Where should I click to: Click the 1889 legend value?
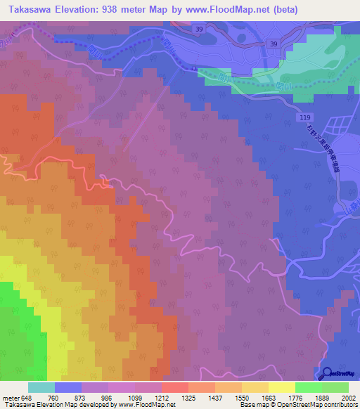click(321, 397)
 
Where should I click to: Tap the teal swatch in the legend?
click(41, 387)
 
